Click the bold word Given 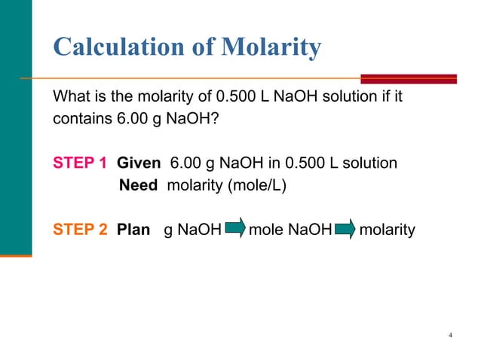pos(139,163)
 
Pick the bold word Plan pos(133,228)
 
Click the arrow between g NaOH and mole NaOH pos(234,228)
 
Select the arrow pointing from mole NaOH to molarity pos(345,228)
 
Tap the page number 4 pos(449,334)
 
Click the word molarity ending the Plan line pos(388,228)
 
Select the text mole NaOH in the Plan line pos(290,228)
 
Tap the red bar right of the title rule pos(409,78)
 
